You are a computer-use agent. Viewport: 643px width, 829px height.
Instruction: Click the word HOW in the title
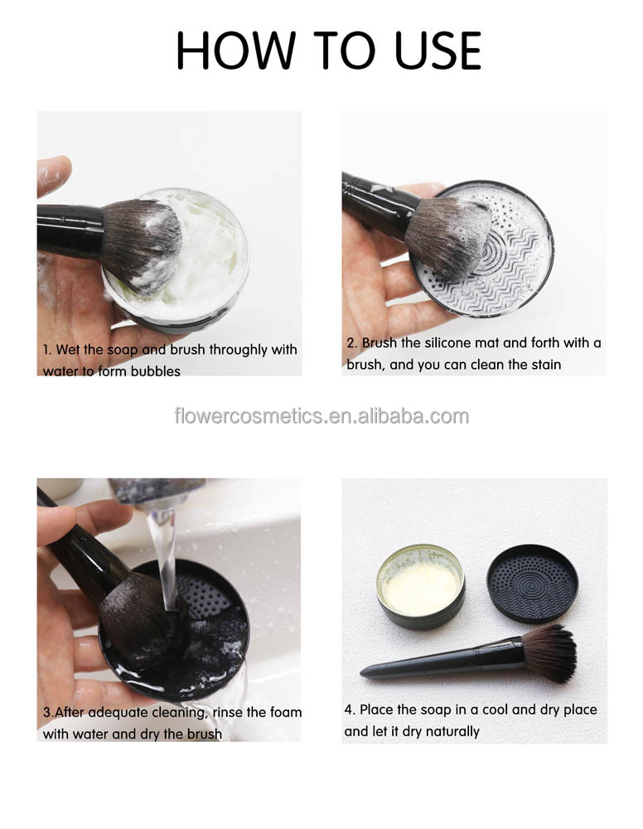pos(235,51)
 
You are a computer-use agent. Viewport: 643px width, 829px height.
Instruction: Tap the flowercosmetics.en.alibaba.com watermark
pos(321,416)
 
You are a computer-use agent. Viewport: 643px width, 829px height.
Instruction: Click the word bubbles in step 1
pos(155,371)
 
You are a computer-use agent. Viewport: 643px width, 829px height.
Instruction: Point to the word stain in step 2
pos(544,364)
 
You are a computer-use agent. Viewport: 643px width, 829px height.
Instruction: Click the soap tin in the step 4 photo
pos(421,586)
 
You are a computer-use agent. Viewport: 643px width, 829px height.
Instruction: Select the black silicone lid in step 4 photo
pos(533,583)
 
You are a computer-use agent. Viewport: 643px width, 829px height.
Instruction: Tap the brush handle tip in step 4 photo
pos(362,673)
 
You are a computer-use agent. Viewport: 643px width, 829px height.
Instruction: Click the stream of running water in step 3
pos(165,560)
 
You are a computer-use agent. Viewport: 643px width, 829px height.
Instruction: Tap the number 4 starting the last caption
pos(349,710)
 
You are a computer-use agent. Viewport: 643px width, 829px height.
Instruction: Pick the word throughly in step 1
pos(239,350)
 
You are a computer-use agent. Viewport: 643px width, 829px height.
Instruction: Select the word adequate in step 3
pos(118,712)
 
